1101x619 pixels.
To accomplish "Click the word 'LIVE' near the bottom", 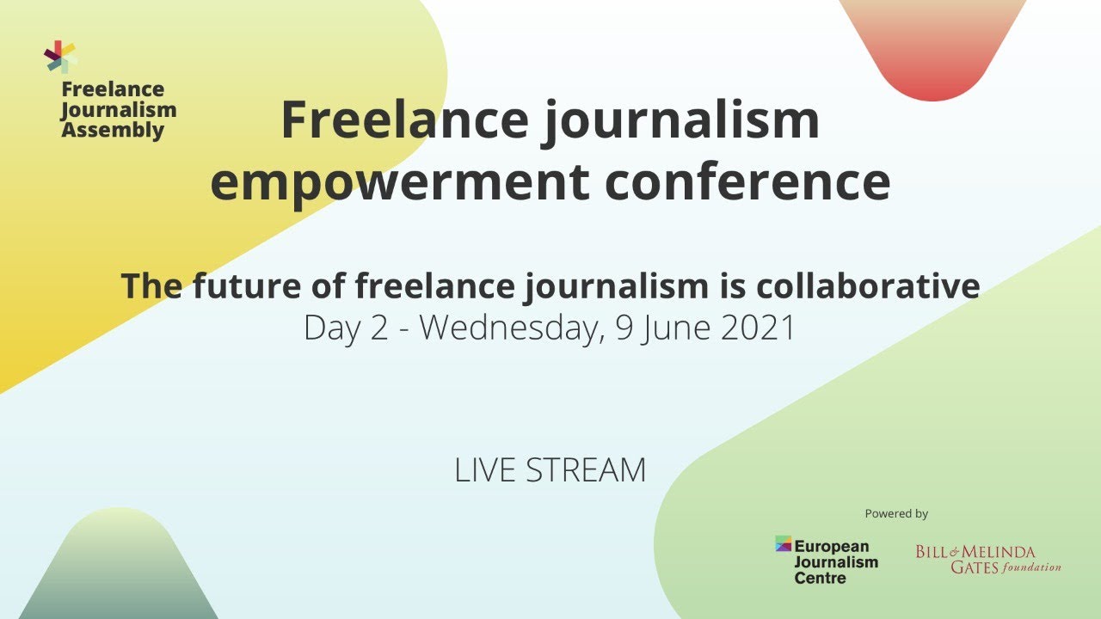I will (x=484, y=470).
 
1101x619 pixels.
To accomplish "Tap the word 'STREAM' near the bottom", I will (x=586, y=470).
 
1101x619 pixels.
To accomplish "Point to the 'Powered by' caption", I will (x=896, y=514).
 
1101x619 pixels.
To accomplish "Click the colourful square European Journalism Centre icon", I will (x=783, y=543).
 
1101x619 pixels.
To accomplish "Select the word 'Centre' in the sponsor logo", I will (x=820, y=578).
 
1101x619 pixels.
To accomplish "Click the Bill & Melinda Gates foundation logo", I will (x=987, y=559).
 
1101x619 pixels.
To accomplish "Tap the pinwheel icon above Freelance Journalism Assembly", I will (x=60, y=57).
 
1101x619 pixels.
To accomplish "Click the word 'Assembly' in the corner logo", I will (x=113, y=131).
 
